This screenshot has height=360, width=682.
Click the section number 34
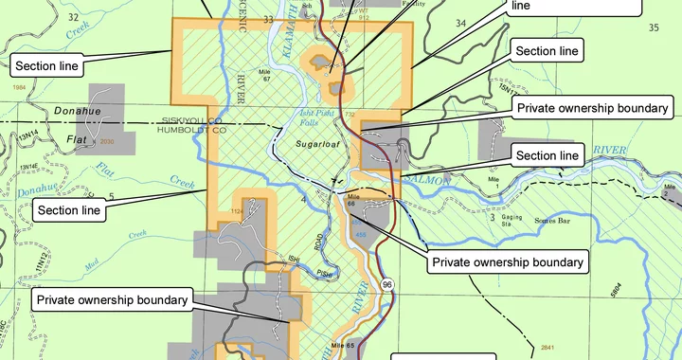tap(460, 22)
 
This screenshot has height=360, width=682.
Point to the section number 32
tap(73, 16)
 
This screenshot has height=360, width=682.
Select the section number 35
tap(653, 27)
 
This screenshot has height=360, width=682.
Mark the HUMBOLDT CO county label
tap(192, 131)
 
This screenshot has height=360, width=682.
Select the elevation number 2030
tap(106, 142)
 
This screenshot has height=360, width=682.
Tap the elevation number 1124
tap(237, 211)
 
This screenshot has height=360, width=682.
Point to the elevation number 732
tap(350, 114)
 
